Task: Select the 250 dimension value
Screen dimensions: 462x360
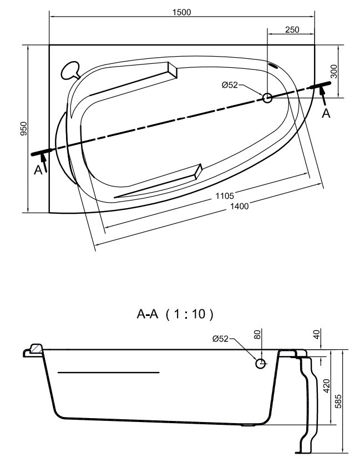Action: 292,30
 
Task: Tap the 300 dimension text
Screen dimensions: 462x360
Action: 333,71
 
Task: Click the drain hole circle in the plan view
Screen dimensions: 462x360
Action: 267,98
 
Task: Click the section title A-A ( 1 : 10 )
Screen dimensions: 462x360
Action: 175,314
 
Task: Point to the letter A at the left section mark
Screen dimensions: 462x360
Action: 38,170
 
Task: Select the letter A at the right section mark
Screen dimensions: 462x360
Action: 326,113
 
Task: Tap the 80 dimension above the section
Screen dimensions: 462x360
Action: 257,334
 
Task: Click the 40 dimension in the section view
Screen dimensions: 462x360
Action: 316,334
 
